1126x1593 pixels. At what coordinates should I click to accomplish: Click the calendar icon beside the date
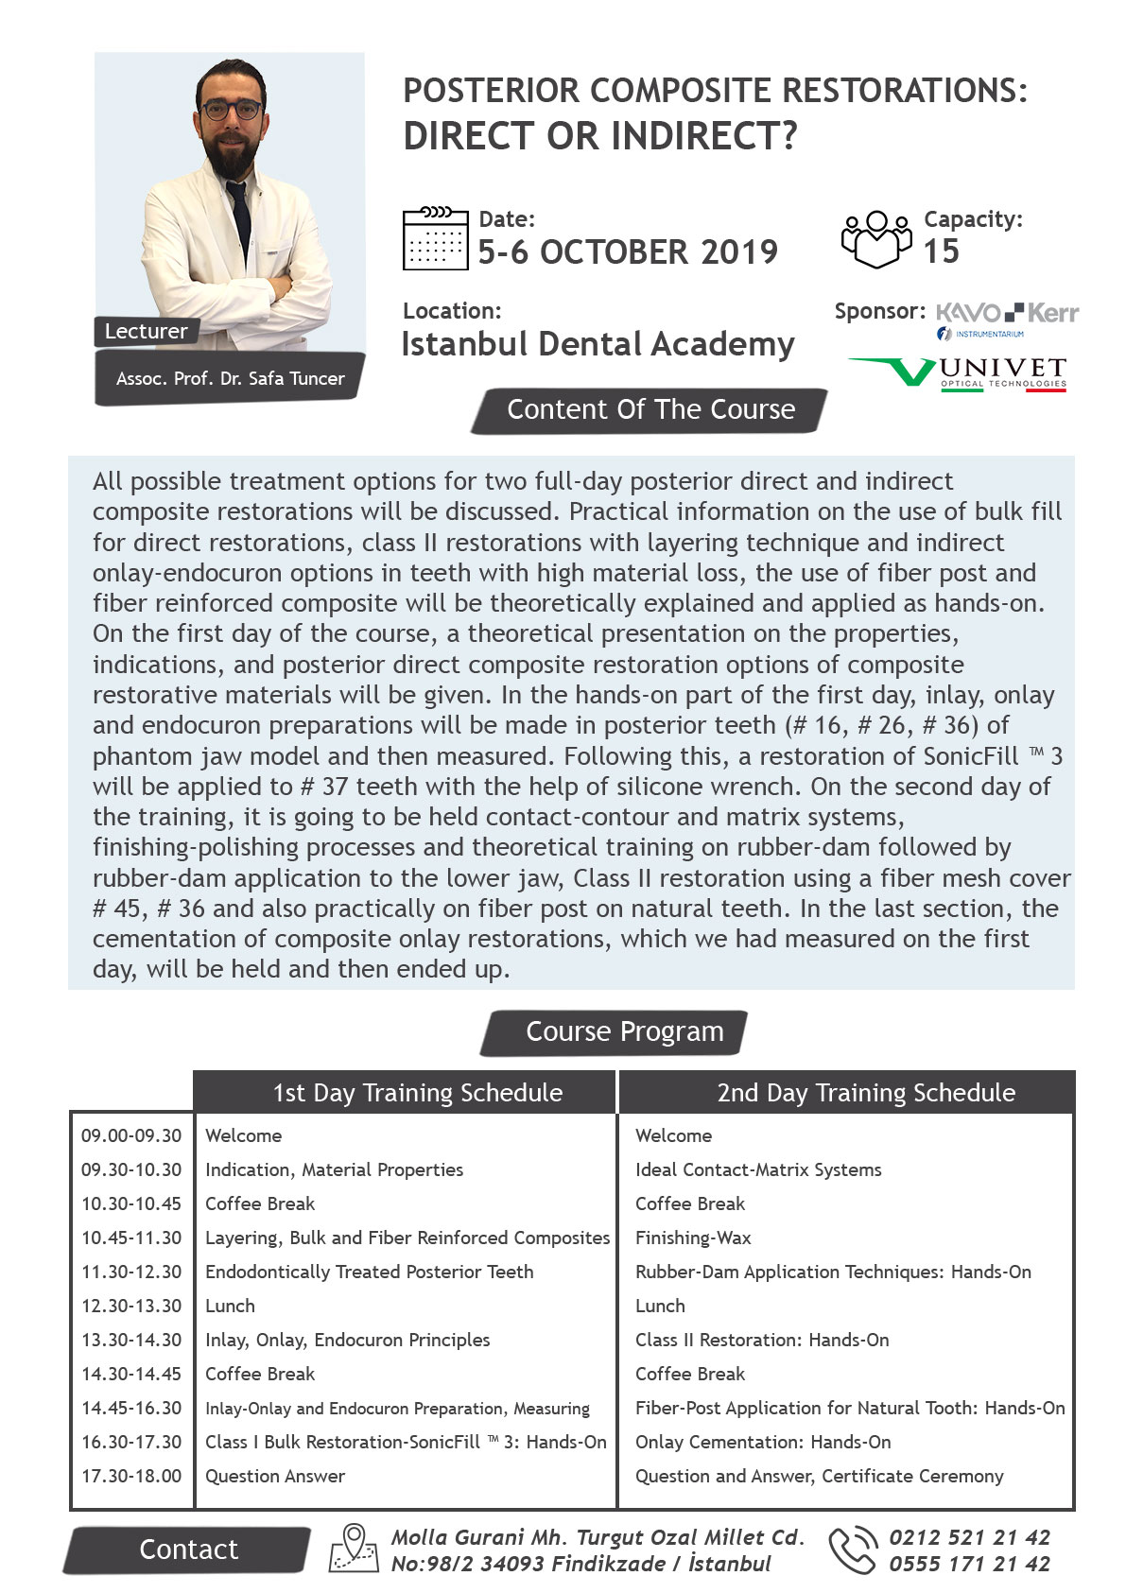click(435, 238)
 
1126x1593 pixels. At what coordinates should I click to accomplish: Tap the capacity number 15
click(941, 251)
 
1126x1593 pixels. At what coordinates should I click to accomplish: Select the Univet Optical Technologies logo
click(959, 372)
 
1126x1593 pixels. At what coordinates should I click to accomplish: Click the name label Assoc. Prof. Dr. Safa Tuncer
click(230, 379)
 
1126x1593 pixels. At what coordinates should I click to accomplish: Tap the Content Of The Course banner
click(650, 410)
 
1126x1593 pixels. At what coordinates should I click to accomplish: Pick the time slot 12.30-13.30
click(131, 1306)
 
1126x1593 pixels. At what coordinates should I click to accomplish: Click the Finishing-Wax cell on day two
click(693, 1238)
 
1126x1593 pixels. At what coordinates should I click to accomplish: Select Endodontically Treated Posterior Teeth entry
click(369, 1272)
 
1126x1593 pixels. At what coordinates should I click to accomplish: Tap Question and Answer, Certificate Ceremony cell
click(819, 1476)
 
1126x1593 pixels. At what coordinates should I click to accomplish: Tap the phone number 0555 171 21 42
click(969, 1564)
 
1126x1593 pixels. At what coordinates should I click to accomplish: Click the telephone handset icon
click(852, 1550)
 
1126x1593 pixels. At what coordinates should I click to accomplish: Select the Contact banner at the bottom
click(188, 1550)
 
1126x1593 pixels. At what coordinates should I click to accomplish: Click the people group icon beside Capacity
click(876, 238)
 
